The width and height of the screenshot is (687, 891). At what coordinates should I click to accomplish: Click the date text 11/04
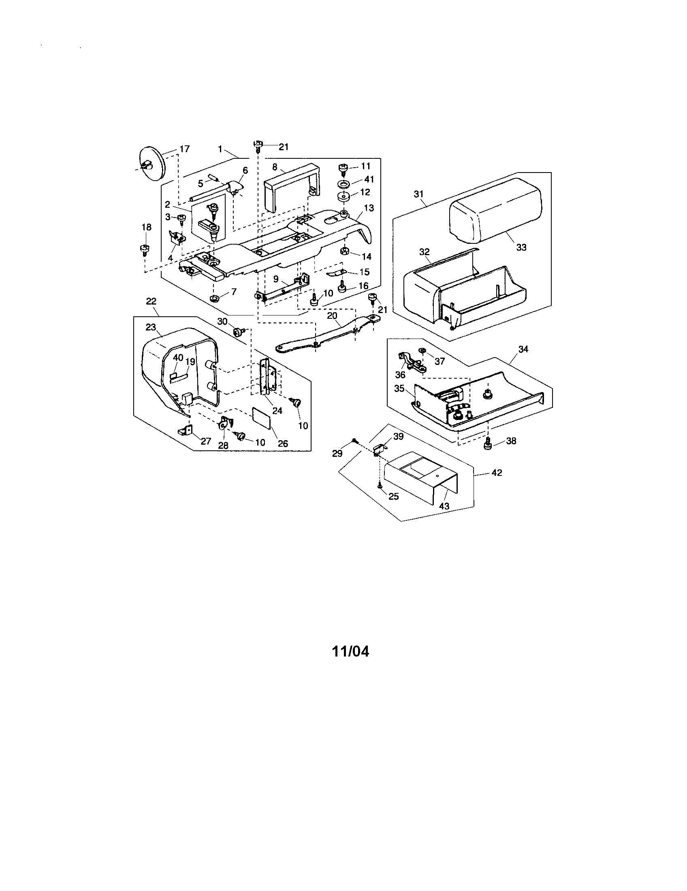click(x=350, y=652)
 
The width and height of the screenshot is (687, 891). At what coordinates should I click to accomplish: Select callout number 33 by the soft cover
click(x=521, y=247)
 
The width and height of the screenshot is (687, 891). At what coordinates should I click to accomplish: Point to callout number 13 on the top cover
click(x=369, y=208)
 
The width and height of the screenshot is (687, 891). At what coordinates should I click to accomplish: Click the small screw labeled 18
click(x=145, y=248)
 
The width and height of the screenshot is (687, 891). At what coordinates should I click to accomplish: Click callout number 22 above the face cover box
click(x=151, y=301)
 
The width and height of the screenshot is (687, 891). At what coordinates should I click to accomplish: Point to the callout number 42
click(x=497, y=472)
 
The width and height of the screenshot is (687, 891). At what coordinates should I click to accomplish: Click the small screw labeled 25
click(x=380, y=486)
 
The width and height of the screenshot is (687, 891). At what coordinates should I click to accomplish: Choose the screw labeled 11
click(x=344, y=167)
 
